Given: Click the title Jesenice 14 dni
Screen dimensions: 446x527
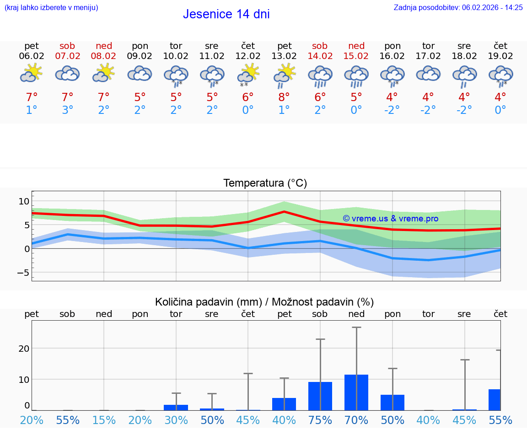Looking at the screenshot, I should coord(226,14).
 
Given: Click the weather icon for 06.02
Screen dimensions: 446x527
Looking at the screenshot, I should coord(31,74).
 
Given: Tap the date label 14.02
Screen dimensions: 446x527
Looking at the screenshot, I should coord(320,56).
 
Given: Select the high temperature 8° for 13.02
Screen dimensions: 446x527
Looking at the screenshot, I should coord(284,97).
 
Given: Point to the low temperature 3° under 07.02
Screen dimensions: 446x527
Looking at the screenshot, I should coord(67,110).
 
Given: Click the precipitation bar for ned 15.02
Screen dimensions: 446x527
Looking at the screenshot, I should coord(356,392).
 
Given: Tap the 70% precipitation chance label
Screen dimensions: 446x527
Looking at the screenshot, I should coord(356,420).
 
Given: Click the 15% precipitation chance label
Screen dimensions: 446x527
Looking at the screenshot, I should coord(104,420).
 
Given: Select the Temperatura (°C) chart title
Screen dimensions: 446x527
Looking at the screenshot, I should coord(265,183).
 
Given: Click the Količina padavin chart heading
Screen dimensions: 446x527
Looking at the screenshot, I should coord(264,302).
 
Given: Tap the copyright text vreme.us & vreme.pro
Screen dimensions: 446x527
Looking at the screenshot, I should coord(390,219).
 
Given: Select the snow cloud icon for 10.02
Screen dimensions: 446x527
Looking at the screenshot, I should coord(176,75).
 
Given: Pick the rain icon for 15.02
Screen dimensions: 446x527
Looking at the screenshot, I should coord(356,76).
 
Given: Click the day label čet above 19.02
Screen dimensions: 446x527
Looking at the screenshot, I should coord(500,46).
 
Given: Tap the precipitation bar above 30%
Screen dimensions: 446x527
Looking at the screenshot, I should coord(176,407).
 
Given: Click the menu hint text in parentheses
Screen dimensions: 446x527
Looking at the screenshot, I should coord(51,8).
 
